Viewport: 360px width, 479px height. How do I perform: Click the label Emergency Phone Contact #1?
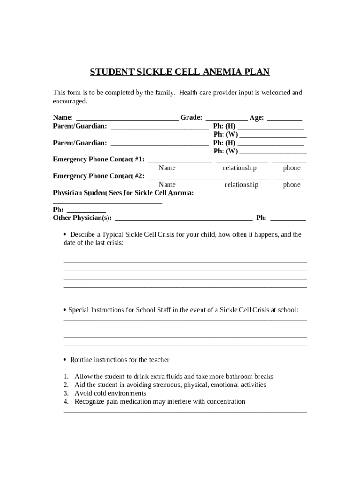click(99, 160)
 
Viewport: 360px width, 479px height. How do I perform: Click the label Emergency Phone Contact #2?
click(99, 176)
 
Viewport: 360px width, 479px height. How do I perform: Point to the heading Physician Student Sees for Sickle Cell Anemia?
click(123, 193)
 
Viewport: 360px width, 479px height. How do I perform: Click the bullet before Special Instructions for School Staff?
click(65, 310)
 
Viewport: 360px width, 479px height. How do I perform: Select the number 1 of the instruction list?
click(66, 377)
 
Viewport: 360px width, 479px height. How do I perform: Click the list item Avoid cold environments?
click(110, 393)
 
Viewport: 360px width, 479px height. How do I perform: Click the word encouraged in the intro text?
click(70, 102)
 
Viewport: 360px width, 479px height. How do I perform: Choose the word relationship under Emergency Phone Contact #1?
click(240, 168)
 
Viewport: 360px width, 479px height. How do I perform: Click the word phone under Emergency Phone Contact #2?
click(292, 185)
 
